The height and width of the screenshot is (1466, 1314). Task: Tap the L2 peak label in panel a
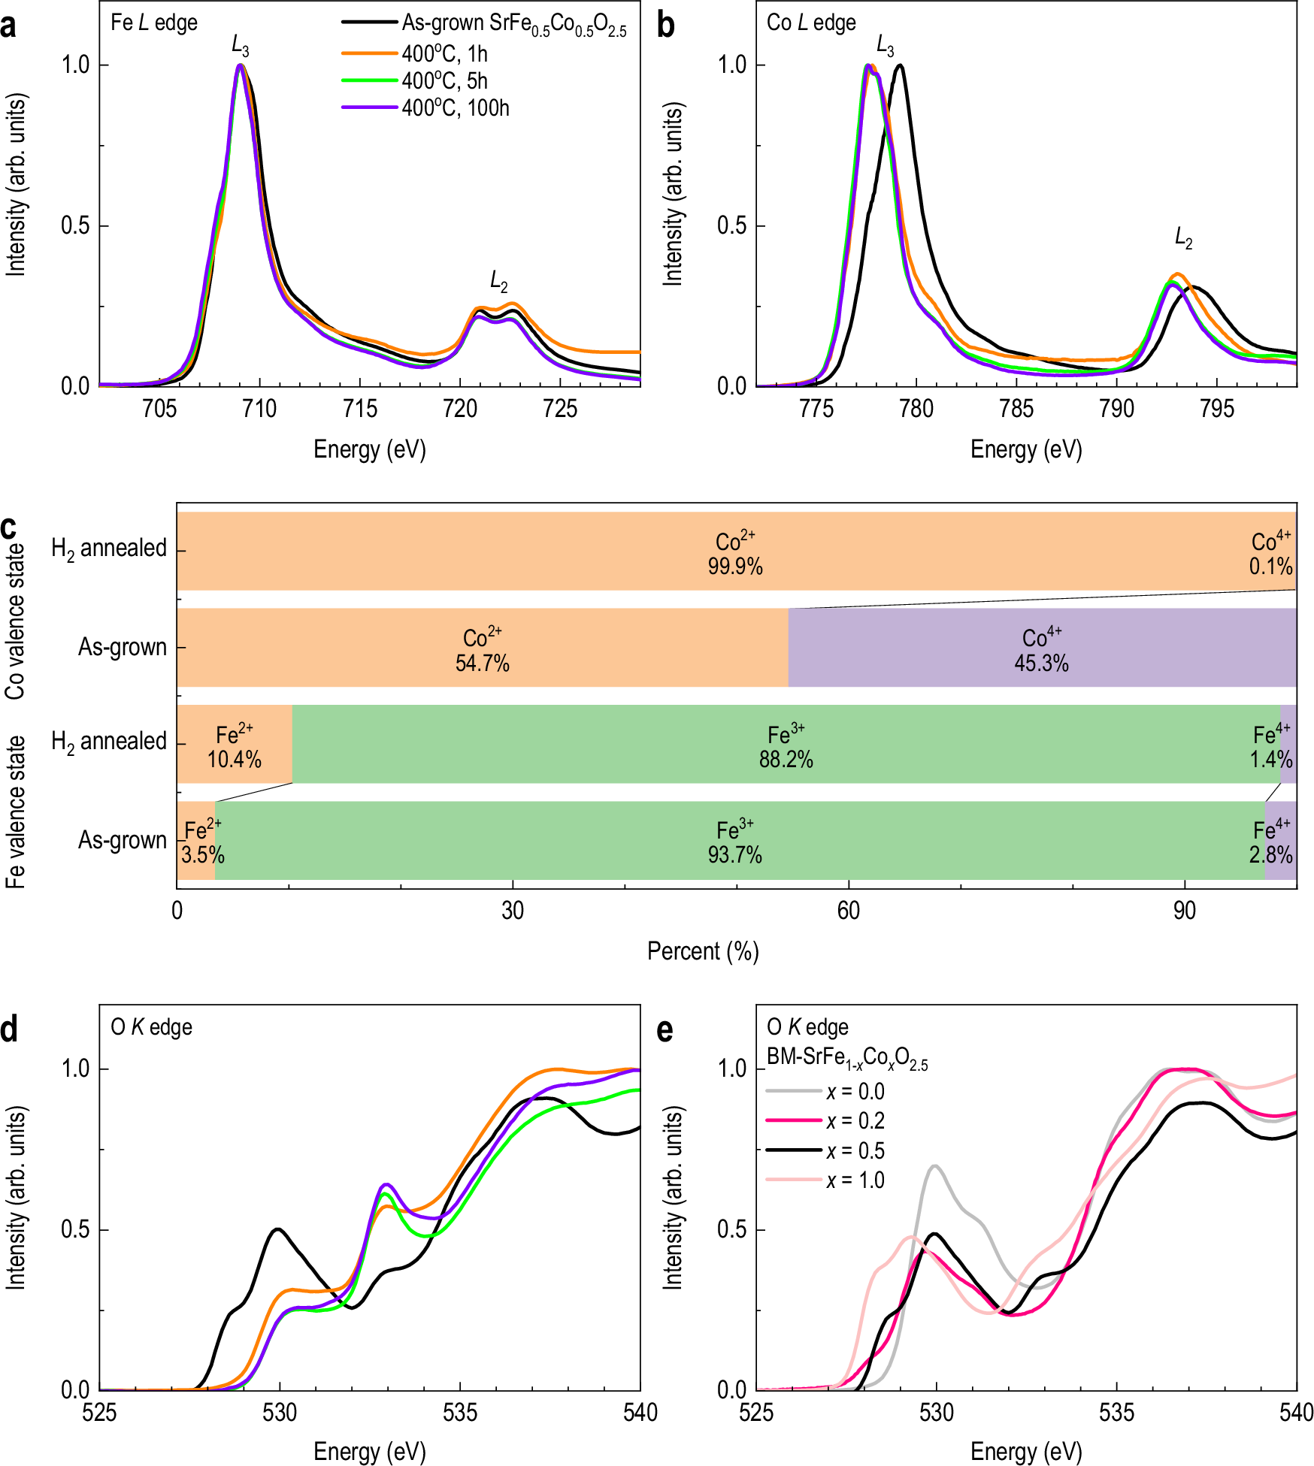pyautogui.click(x=498, y=282)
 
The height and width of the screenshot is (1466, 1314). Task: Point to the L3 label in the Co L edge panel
pyautogui.click(x=885, y=47)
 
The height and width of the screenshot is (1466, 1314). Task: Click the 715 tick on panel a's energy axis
pyautogui.click(x=359, y=409)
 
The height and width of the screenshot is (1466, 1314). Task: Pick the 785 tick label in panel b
pyautogui.click(x=1016, y=409)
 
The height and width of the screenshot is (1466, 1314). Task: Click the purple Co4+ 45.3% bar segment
pyautogui.click(x=1042, y=648)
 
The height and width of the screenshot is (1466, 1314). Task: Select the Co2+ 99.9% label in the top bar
pyautogui.click(x=735, y=554)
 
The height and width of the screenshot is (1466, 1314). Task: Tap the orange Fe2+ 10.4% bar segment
pyautogui.click(x=235, y=745)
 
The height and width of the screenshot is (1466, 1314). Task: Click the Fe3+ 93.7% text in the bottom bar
pyautogui.click(x=734, y=842)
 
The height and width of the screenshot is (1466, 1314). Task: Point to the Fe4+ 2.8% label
pyautogui.click(x=1270, y=842)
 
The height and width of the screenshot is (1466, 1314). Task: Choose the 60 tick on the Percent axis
pyautogui.click(x=848, y=911)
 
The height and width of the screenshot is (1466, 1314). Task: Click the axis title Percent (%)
pyautogui.click(x=703, y=951)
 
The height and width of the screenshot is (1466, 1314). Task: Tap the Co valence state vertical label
pyautogui.click(x=15, y=621)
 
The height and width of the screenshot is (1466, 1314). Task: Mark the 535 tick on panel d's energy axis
pyautogui.click(x=459, y=1413)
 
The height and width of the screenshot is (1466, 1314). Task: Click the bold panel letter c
pyautogui.click(x=9, y=528)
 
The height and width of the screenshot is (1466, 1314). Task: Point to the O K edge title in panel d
pyautogui.click(x=151, y=1027)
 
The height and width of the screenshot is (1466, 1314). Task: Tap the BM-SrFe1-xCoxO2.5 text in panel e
pyautogui.click(x=846, y=1057)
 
